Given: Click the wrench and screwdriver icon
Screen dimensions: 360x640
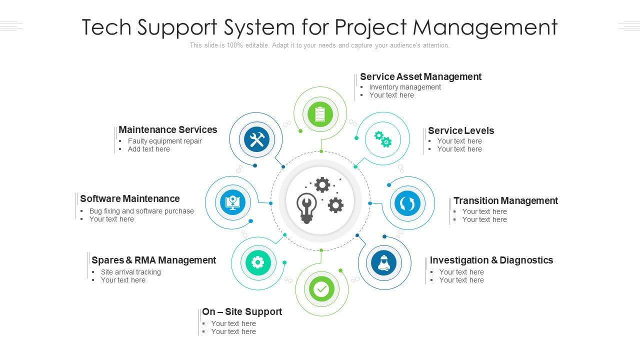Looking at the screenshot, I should click(x=257, y=139).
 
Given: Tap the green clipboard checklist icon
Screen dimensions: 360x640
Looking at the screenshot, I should click(x=320, y=114).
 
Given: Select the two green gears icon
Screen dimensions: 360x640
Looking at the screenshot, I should click(x=383, y=138).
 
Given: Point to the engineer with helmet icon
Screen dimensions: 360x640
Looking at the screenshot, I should click(x=384, y=262).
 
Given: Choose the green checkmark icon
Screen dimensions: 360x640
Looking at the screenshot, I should click(x=321, y=289).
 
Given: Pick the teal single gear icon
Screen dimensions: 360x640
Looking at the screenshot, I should click(x=258, y=262).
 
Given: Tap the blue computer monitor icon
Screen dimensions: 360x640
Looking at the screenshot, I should click(x=233, y=202).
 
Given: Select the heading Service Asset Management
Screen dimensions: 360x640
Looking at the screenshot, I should click(x=420, y=76).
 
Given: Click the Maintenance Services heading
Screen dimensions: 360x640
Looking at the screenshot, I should click(x=168, y=129).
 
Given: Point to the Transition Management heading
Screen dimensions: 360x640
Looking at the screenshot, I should click(x=505, y=200).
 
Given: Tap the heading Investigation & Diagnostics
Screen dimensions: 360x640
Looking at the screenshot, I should click(x=491, y=260).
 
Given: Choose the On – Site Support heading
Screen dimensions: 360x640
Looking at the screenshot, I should click(x=242, y=311).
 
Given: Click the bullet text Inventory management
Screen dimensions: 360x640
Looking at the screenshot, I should click(x=405, y=87).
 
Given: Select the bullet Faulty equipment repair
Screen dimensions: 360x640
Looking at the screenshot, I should click(x=165, y=141).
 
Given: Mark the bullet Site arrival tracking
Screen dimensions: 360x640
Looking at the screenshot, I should click(x=131, y=272).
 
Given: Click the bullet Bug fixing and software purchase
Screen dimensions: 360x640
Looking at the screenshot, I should click(x=141, y=211).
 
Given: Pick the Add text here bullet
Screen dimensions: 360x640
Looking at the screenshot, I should click(x=149, y=149).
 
